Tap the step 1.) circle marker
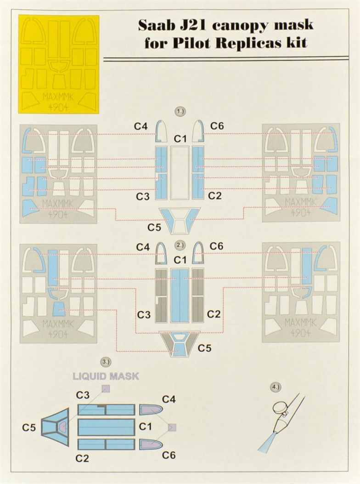(180, 111)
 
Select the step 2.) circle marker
(180, 245)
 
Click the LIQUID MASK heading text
(106, 376)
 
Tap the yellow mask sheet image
(59, 64)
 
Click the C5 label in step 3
(29, 427)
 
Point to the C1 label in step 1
(180, 138)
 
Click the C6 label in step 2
(216, 246)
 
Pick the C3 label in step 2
(144, 315)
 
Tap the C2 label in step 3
(83, 458)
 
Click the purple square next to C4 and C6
(172, 427)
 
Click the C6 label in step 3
(169, 455)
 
